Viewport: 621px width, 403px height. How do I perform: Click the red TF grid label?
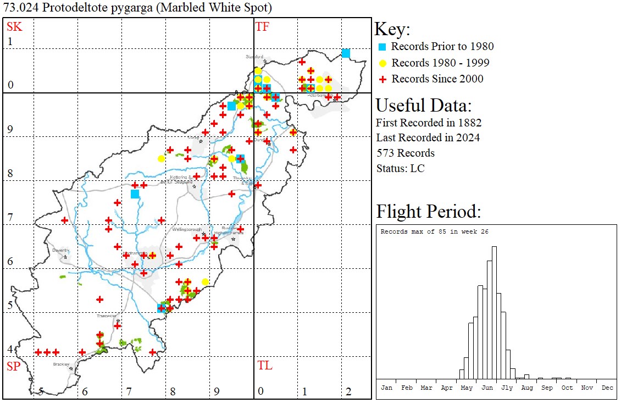(263, 26)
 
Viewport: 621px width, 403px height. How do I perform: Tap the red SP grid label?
(13, 366)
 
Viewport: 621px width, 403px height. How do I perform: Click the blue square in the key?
(383, 47)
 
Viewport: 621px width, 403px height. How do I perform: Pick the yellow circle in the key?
(383, 63)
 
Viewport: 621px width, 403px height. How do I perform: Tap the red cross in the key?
(383, 79)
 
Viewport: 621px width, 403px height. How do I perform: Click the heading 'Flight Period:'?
(429, 212)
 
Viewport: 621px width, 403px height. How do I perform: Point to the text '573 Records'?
(405, 153)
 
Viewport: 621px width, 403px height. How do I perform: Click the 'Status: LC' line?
(400, 168)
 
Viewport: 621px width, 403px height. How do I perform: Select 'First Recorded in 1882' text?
(429, 122)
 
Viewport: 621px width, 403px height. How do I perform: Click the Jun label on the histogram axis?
(487, 388)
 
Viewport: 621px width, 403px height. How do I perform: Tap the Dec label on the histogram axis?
(607, 388)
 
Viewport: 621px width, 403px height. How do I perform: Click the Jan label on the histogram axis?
(387, 388)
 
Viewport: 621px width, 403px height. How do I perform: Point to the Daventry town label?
(60, 250)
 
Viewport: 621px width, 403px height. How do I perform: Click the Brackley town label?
(60, 364)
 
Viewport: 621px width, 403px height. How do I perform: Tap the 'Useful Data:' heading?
(423, 105)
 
